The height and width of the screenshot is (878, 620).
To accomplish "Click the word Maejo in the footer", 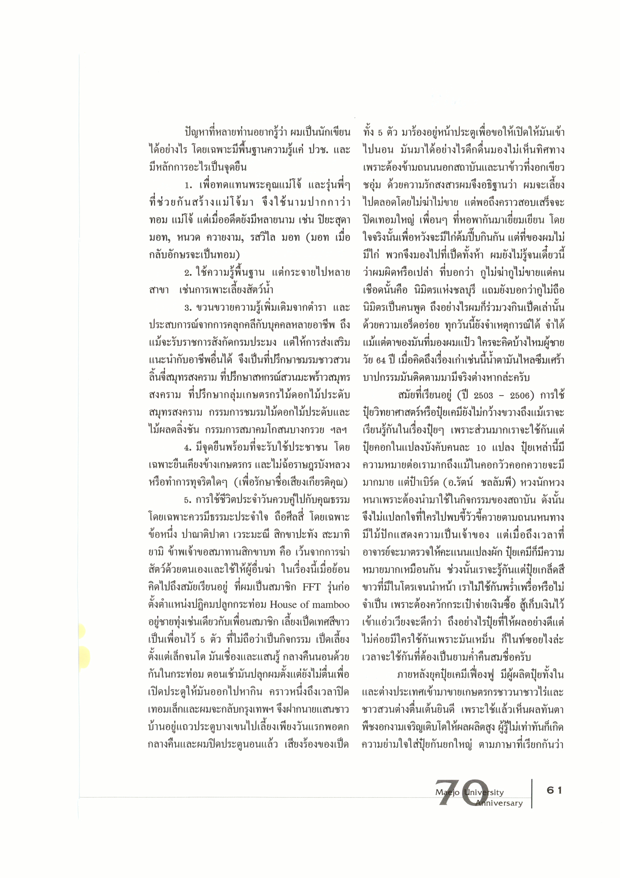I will pyautogui.click(x=448, y=793).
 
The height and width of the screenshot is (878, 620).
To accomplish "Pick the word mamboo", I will pyautogui.click(x=330, y=604).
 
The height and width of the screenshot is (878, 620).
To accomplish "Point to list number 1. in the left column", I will pyautogui.click(x=188, y=185).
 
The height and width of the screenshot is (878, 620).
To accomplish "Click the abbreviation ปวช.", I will pyautogui.click(x=308, y=150).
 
